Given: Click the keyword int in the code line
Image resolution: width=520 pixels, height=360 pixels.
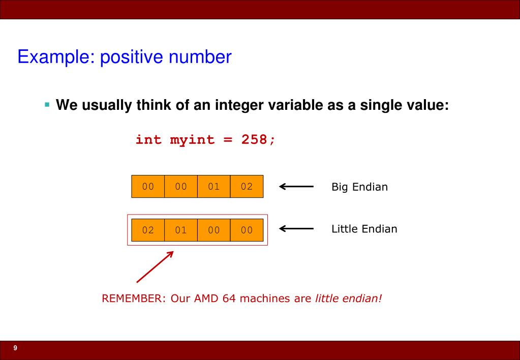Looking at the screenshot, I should click(x=148, y=140).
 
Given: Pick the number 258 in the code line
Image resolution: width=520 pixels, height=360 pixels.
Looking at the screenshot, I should click(x=249, y=140).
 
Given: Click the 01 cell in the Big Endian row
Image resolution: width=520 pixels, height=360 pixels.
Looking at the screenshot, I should click(x=213, y=187).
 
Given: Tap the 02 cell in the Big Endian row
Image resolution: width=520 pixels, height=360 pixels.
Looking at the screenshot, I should click(x=247, y=187).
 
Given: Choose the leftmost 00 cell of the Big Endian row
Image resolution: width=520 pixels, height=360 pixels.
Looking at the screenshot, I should click(x=148, y=187).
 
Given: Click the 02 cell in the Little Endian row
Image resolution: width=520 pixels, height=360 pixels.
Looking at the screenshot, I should click(x=148, y=230).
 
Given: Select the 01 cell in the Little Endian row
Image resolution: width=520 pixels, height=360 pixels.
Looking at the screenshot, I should click(x=181, y=230).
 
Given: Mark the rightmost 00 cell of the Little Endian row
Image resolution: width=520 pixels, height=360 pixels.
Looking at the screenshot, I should click(x=247, y=230).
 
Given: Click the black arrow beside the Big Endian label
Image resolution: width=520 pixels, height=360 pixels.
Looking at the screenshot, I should click(x=296, y=187).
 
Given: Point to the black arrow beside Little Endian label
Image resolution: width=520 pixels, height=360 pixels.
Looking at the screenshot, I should click(x=296, y=229).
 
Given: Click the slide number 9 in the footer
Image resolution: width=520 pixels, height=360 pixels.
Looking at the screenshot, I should click(x=15, y=348).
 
